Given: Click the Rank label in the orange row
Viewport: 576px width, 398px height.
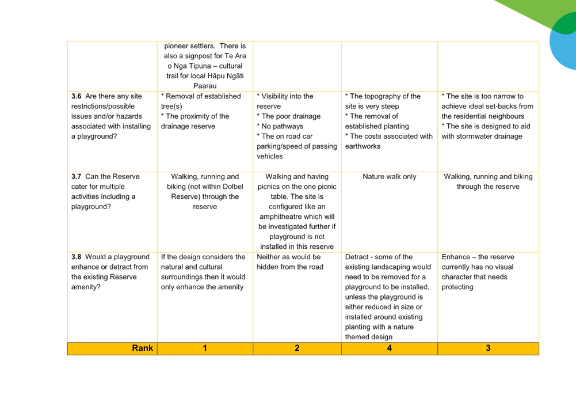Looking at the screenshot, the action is [x=142, y=348].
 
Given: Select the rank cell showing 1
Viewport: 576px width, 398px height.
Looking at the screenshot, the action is [x=205, y=348].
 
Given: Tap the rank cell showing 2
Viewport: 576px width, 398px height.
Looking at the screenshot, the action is [x=297, y=348].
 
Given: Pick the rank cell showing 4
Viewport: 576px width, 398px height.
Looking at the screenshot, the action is [x=390, y=348].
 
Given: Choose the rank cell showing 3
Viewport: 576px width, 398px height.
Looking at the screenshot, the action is [x=488, y=348].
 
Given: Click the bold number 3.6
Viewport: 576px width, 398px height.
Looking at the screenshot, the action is [x=76, y=96].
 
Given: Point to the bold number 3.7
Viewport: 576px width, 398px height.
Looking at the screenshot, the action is [x=76, y=177].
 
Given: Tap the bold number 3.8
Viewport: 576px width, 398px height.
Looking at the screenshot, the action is [x=76, y=257].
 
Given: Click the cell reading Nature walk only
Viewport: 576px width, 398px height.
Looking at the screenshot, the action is [x=390, y=177].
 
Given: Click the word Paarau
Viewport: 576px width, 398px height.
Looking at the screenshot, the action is [x=205, y=86].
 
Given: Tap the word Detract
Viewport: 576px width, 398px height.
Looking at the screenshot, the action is [x=357, y=257].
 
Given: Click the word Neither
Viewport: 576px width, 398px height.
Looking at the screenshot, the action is [x=268, y=257].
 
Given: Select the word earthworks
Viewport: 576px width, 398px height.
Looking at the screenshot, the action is [x=363, y=146].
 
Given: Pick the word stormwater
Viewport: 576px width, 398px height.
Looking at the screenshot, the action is [x=475, y=137].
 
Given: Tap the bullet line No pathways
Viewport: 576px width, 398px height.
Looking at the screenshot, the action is [x=280, y=126].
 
